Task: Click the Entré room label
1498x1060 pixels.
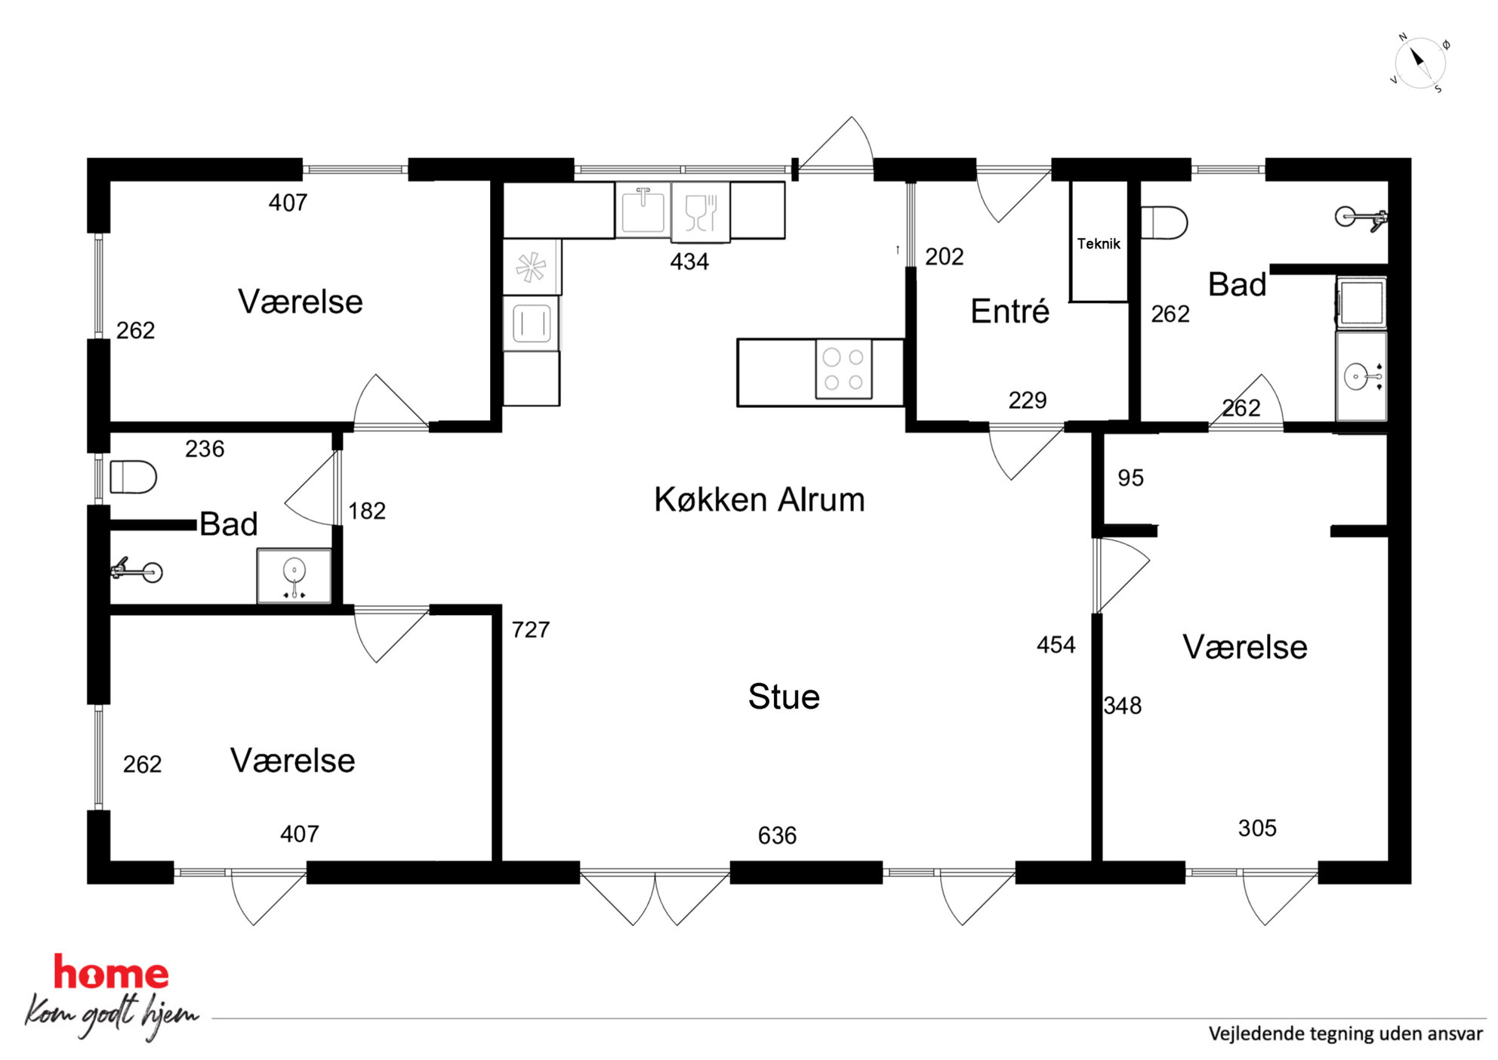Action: click(x=1009, y=311)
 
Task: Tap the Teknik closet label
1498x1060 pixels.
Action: click(x=1099, y=243)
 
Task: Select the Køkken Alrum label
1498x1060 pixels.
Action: click(x=760, y=499)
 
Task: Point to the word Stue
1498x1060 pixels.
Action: click(x=784, y=697)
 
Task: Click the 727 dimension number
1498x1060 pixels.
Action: click(x=531, y=629)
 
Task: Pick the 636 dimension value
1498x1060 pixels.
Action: click(x=777, y=836)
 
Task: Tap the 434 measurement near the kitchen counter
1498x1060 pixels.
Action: click(x=689, y=261)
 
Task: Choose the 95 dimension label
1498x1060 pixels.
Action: click(x=1130, y=477)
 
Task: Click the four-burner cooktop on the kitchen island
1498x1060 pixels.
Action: click(x=843, y=369)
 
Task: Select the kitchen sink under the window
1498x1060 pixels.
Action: click(x=643, y=210)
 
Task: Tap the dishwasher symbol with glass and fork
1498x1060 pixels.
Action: click(x=701, y=212)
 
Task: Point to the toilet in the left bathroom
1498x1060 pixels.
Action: click(x=133, y=477)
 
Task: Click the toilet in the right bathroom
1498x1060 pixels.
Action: click(x=1164, y=223)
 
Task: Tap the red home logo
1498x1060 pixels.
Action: click(x=111, y=973)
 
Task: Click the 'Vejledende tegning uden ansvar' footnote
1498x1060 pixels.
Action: click(x=1345, y=1034)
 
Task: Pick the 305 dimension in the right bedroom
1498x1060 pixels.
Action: click(x=1257, y=828)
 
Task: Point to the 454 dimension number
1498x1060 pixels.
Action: click(x=1056, y=644)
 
